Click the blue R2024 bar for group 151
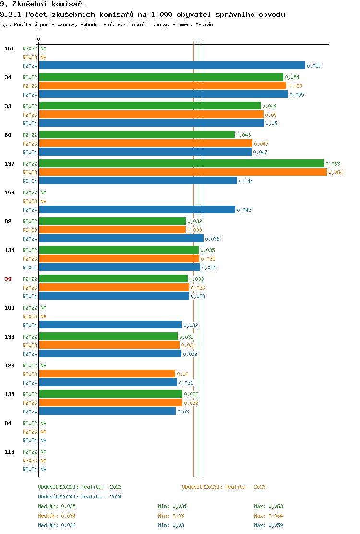pyautogui.click(x=172, y=65)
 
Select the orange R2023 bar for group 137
pyautogui.click(x=182, y=172)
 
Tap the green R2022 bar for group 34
pyautogui.click(x=161, y=77)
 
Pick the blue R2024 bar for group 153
pyautogui.click(x=137, y=209)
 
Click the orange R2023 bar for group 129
pyautogui.click(x=107, y=374)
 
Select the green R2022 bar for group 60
pyautogui.click(x=137, y=134)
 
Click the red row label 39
pyautogui.click(x=8, y=279)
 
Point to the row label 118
pyautogui.click(x=10, y=452)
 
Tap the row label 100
pyautogui.click(x=10, y=308)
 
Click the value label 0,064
pyautogui.click(x=336, y=172)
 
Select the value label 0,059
pyautogui.click(x=314, y=66)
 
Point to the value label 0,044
pyautogui.click(x=246, y=181)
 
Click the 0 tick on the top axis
pyautogui.click(x=39, y=39)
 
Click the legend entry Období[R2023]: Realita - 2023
pyautogui.click(x=224, y=487)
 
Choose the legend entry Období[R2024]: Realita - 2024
pyautogui.click(x=80, y=497)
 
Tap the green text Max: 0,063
pyautogui.click(x=268, y=506)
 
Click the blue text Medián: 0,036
pyautogui.click(x=57, y=525)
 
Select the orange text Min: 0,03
pyautogui.click(x=171, y=516)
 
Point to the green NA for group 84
pyautogui.click(x=43, y=423)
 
